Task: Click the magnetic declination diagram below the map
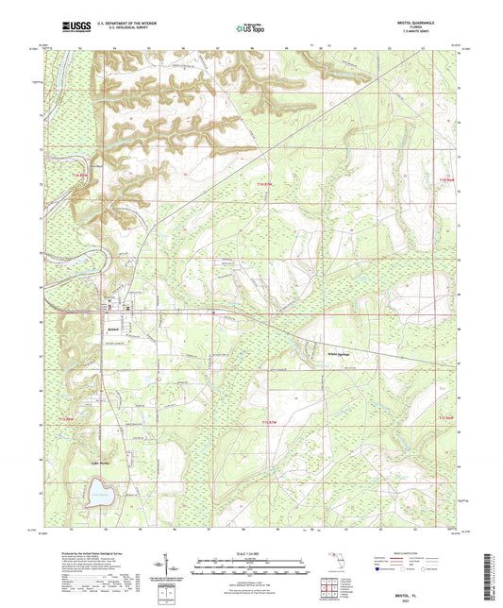click(x=174, y=568)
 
